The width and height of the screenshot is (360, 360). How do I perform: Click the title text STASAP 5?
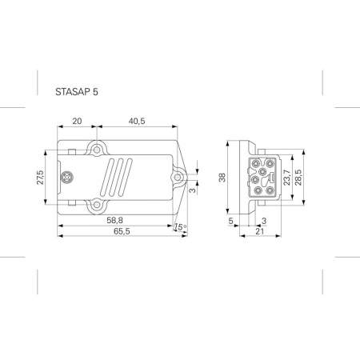(x=78, y=91)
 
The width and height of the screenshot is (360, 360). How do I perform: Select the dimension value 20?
(x=77, y=121)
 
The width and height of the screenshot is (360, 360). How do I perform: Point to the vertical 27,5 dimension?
(x=41, y=177)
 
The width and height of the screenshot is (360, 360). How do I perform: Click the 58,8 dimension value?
(x=116, y=219)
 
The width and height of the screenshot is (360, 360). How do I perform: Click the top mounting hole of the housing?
(x=97, y=150)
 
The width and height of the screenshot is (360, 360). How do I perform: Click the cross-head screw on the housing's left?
(x=69, y=177)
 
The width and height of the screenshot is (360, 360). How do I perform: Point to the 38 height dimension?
(x=223, y=177)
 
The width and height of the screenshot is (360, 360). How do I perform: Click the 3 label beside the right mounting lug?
(x=194, y=190)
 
